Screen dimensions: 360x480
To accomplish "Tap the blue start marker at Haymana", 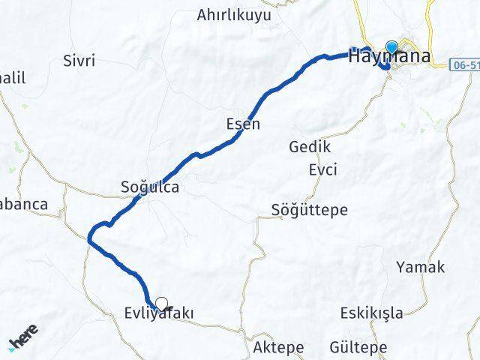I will [391, 47].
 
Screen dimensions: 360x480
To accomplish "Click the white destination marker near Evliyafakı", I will [160, 304].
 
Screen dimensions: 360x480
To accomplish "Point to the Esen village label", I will [243, 124].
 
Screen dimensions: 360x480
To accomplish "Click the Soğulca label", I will [150, 187].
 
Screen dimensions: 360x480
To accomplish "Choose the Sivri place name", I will [79, 61].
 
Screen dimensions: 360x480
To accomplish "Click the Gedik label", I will [310, 146].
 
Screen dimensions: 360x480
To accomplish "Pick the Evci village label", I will [322, 169].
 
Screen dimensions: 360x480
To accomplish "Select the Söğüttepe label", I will [310, 210].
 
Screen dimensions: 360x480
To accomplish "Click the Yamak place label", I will [420, 266].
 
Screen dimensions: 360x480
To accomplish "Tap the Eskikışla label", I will [371, 312].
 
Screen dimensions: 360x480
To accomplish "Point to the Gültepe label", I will [358, 347].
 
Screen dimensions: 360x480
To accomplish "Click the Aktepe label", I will [278, 347].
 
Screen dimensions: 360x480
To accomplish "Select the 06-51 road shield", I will [466, 64].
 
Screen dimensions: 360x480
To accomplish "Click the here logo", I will [24, 339].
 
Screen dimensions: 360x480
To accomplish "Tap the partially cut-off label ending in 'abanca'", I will [24, 204].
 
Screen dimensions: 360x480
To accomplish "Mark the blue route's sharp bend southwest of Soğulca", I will [89, 238].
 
